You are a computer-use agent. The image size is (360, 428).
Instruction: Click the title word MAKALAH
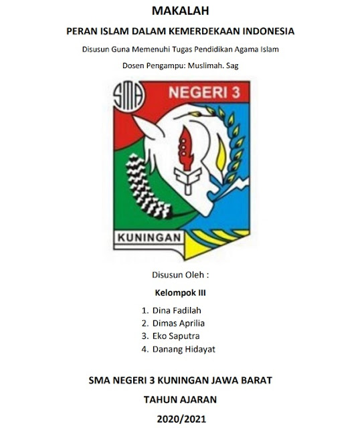(181, 10)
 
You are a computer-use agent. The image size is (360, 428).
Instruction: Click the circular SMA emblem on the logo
(126, 99)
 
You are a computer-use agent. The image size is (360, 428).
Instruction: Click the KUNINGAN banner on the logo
(151, 238)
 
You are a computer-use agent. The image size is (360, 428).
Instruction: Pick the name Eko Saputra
(176, 336)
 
